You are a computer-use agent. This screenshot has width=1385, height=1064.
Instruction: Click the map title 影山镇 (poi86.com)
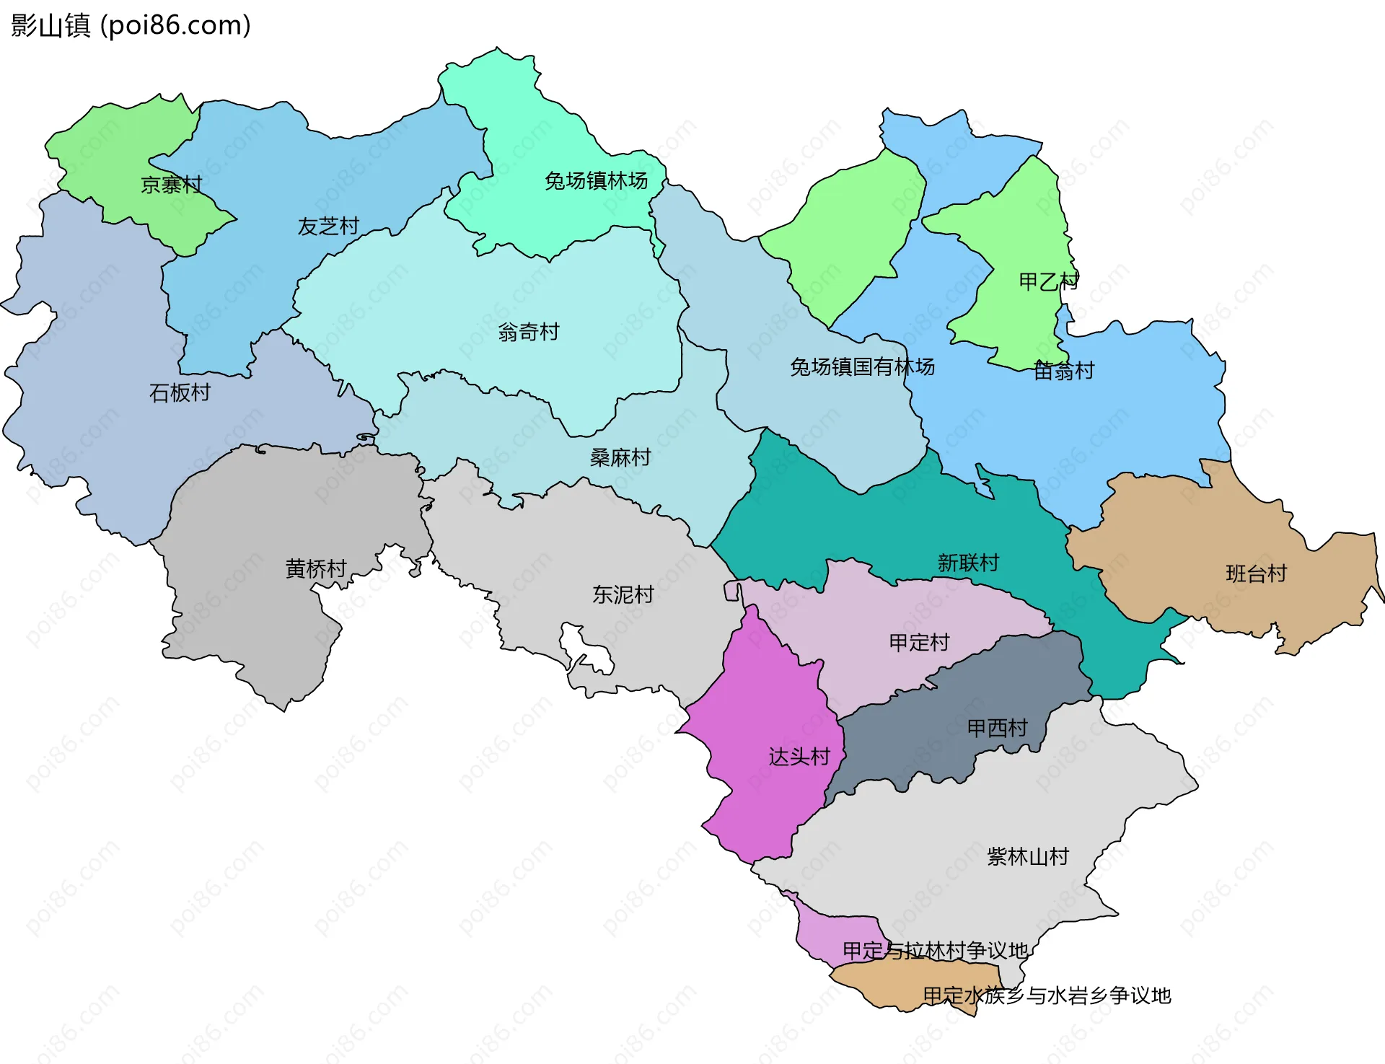pyautogui.click(x=131, y=25)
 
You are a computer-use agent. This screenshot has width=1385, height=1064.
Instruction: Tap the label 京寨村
pyautogui.click(x=171, y=185)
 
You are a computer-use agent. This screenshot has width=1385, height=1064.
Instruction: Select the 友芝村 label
pyautogui.click(x=328, y=227)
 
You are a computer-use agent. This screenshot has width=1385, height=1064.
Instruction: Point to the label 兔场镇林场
pyautogui.click(x=596, y=181)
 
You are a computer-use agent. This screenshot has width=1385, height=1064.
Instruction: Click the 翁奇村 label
pyautogui.click(x=529, y=333)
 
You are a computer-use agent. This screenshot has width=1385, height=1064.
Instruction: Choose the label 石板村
pyautogui.click(x=180, y=393)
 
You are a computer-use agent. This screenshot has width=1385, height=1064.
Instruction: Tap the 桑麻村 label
pyautogui.click(x=620, y=458)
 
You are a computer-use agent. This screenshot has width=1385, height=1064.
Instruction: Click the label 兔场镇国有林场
pyautogui.click(x=862, y=367)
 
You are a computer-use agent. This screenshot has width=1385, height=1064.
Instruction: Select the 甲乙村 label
pyautogui.click(x=1048, y=281)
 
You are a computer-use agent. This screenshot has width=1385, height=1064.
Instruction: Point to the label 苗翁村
pyautogui.click(x=1064, y=371)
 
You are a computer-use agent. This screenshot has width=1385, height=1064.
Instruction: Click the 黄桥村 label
pyautogui.click(x=316, y=569)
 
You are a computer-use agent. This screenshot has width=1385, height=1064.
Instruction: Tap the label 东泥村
pyautogui.click(x=623, y=595)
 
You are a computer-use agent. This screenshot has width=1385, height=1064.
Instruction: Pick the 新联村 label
pyautogui.click(x=968, y=563)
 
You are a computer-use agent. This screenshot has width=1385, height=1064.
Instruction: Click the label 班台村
pyautogui.click(x=1257, y=574)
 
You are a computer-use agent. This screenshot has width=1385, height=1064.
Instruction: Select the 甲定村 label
pyautogui.click(x=919, y=643)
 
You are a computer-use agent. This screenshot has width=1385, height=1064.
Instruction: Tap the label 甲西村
pyautogui.click(x=997, y=729)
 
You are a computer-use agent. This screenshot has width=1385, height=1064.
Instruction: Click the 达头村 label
pyautogui.click(x=799, y=757)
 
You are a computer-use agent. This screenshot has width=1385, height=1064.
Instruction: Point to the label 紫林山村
pyautogui.click(x=1028, y=857)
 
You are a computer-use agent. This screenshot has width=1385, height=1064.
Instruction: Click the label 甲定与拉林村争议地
pyautogui.click(x=935, y=951)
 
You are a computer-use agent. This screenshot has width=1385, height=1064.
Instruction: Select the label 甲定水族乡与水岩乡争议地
pyautogui.click(x=1047, y=996)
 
